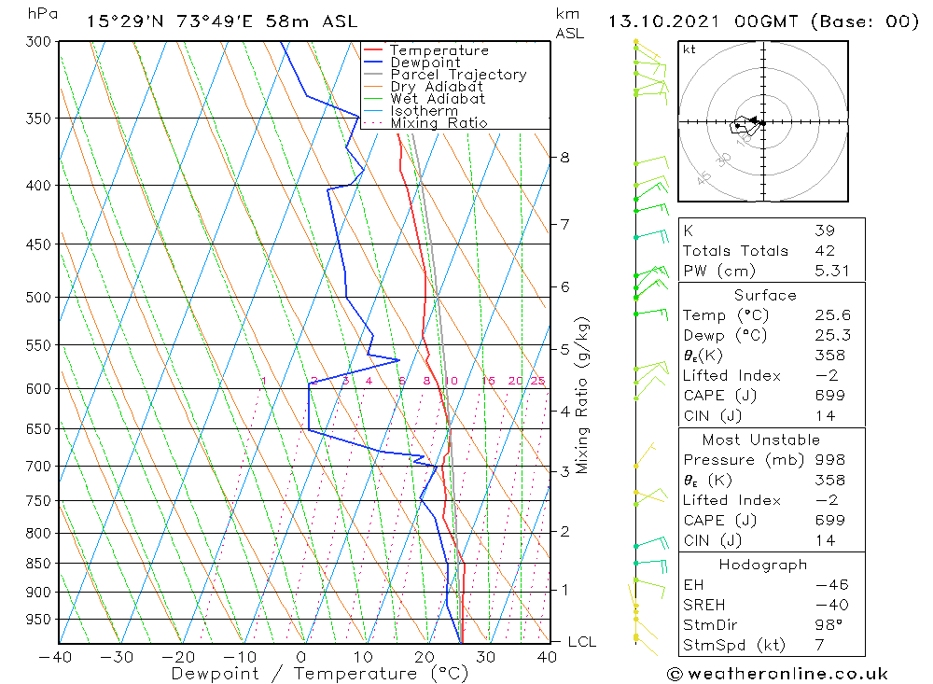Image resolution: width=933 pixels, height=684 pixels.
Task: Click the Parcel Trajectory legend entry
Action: click(458, 75)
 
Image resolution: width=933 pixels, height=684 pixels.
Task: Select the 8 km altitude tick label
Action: click(564, 158)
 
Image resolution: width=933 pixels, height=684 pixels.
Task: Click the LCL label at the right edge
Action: click(581, 642)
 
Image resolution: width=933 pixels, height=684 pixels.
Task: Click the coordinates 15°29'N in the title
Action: click(120, 21)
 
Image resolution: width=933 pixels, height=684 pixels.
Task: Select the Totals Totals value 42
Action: click(824, 250)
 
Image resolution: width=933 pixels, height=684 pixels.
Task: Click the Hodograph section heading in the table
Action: click(763, 565)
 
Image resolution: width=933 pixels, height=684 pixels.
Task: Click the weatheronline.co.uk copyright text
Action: click(777, 673)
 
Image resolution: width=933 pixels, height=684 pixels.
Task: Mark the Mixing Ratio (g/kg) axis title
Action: click(583, 395)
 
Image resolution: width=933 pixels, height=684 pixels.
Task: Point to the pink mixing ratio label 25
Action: click(537, 381)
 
